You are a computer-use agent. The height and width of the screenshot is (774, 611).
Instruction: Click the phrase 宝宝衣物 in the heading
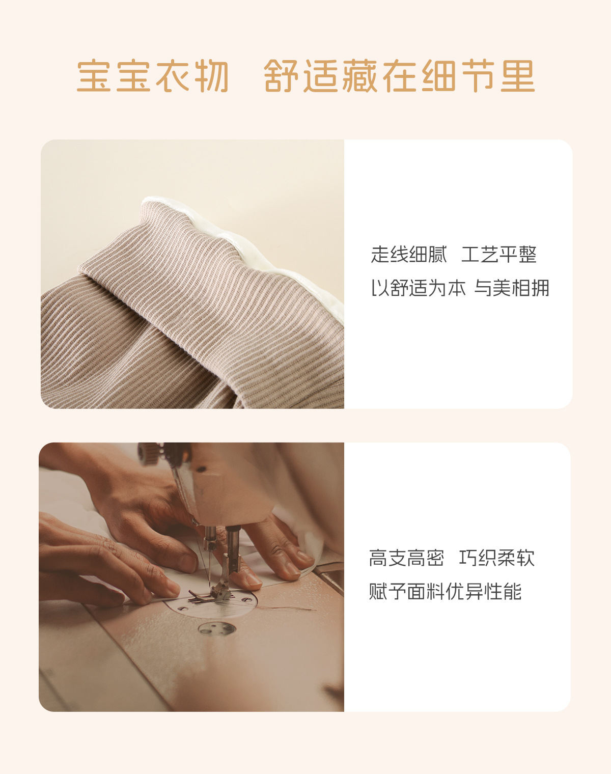pyautogui.click(x=153, y=76)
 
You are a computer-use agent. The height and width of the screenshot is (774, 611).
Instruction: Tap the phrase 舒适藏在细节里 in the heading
pyautogui.click(x=400, y=76)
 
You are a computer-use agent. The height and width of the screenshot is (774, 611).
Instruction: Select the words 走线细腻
pyautogui.click(x=409, y=255)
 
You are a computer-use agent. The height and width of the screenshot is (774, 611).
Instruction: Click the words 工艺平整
pyautogui.click(x=499, y=255)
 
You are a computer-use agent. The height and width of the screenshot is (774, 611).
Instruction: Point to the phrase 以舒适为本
pyautogui.click(x=418, y=288)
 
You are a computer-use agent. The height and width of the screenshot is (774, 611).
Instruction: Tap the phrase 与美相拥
pyautogui.click(x=512, y=288)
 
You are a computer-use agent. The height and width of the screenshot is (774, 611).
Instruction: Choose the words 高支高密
pyautogui.click(x=406, y=558)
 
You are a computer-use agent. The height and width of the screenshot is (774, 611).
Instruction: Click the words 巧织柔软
pyautogui.click(x=496, y=558)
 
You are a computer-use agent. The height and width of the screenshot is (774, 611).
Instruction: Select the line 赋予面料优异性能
pyautogui.click(x=445, y=592)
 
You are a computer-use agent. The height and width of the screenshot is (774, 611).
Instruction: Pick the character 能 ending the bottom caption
pyautogui.click(x=512, y=592)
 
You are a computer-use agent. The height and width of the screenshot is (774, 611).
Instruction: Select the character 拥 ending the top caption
pyautogui.click(x=540, y=288)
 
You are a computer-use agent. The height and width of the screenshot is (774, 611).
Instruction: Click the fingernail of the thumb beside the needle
pyautogui.click(x=253, y=578)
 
